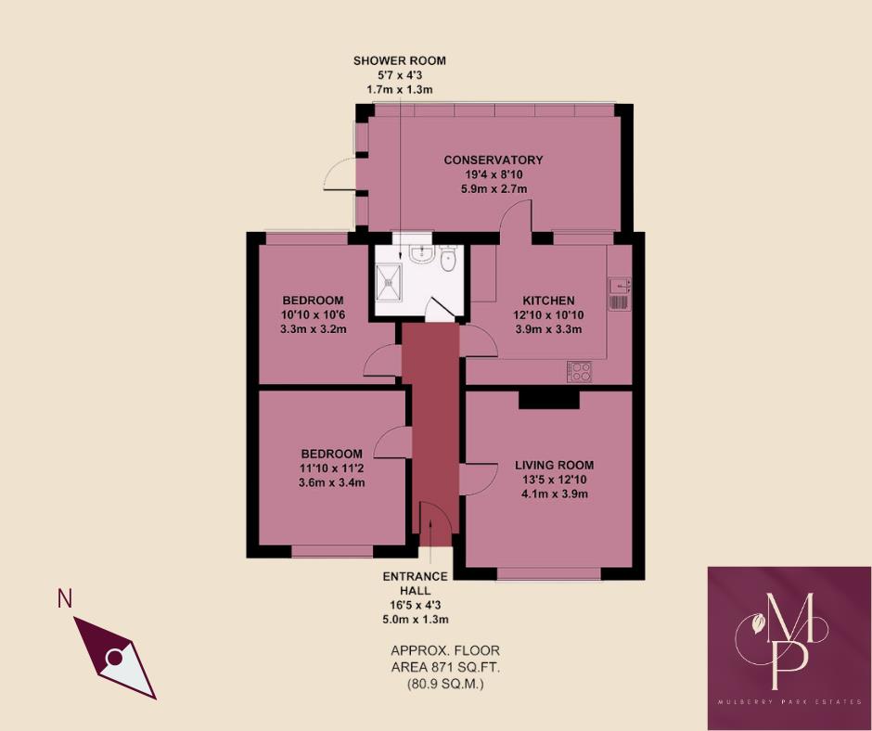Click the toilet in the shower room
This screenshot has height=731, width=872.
click(448, 261)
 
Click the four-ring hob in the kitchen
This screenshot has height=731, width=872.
click(581, 372)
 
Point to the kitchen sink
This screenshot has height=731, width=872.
click(619, 293)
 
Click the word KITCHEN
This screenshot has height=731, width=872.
click(548, 301)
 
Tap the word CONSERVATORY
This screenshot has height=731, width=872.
click(493, 160)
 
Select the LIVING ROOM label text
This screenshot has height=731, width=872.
click(555, 466)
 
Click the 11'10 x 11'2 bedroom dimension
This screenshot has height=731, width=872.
click(331, 468)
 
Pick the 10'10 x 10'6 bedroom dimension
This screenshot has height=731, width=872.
click(313, 315)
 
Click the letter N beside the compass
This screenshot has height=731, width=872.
click(65, 599)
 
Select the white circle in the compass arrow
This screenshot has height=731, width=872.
click(114, 658)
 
